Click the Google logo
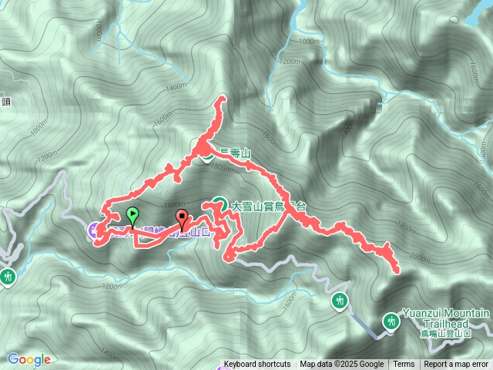[x=29, y=359]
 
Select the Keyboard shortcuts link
[x=257, y=365]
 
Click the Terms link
[x=404, y=365]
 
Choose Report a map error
[x=457, y=365]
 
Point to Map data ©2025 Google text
[x=341, y=365]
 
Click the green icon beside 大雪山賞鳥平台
[x=220, y=206]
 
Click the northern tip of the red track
[x=223, y=99]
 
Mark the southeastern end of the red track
[x=396, y=271]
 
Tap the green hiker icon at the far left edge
[x=8, y=275]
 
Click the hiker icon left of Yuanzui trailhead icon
[x=340, y=300]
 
